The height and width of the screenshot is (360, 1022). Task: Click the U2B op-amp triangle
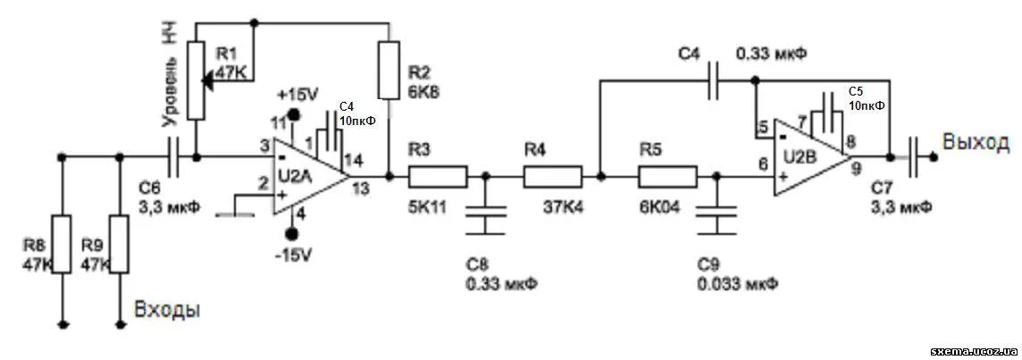pos(808,155)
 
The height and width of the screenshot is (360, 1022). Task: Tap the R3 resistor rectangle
pos(438,176)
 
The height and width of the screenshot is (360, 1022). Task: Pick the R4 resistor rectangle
pos(552,176)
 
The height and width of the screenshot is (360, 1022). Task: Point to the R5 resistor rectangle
pos(667,176)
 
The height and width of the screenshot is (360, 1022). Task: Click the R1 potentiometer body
pos(197,80)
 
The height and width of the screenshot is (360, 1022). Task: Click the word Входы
pos(167,310)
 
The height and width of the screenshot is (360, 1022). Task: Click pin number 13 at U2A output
pos(362,188)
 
